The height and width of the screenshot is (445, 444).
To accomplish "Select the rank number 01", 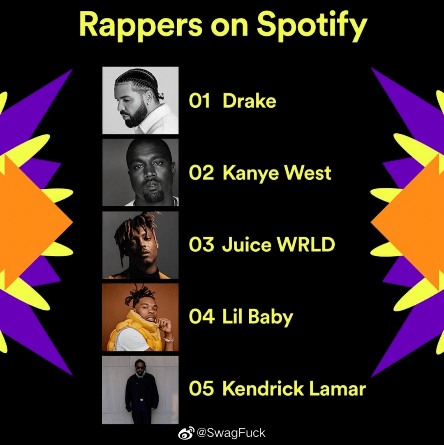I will point(199,101).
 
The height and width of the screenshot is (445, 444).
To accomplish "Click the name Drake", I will point(249,101).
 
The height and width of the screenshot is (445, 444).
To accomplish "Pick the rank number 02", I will point(201,173).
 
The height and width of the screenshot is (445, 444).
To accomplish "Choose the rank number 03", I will point(201,245).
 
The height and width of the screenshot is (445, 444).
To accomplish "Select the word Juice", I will point(247,245).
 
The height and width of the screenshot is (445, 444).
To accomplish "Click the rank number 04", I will point(201,317).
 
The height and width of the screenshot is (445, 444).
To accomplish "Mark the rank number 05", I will point(201,389).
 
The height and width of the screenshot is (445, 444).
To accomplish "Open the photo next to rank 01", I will point(140,100).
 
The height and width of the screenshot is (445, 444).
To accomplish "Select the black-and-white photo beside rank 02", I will point(140,172).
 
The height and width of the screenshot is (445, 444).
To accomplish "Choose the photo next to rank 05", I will point(140,389).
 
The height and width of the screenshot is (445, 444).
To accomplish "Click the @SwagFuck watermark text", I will point(231,433).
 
